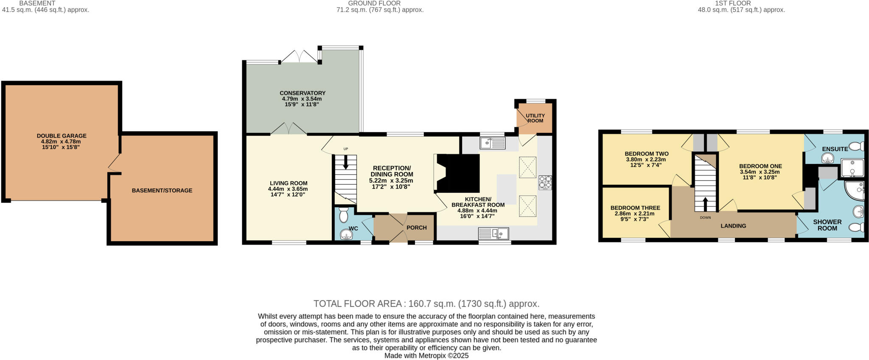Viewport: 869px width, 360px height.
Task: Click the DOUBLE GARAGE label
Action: click(x=62, y=136)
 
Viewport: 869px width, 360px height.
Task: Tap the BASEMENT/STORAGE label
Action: click(x=162, y=191)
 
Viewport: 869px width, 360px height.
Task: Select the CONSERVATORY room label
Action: click(x=302, y=93)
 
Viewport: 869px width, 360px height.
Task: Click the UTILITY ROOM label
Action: click(x=535, y=118)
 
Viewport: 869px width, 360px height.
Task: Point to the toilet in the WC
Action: click(x=343, y=215)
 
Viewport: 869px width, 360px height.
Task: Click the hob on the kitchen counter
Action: click(x=545, y=183)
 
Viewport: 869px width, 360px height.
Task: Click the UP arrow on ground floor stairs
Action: click(x=346, y=162)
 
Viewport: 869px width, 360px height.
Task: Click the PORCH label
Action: click(x=416, y=228)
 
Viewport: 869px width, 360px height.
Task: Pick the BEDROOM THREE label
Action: click(x=635, y=208)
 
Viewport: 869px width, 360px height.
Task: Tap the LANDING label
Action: click(x=733, y=226)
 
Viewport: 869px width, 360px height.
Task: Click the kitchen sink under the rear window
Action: click(x=492, y=143)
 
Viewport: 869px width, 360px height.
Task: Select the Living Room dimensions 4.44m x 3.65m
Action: click(x=288, y=189)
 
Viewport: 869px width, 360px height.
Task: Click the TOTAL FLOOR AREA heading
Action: click(x=426, y=304)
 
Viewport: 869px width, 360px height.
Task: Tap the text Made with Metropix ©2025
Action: click(x=426, y=356)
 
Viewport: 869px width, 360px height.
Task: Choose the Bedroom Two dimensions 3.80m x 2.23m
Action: click(x=646, y=160)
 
